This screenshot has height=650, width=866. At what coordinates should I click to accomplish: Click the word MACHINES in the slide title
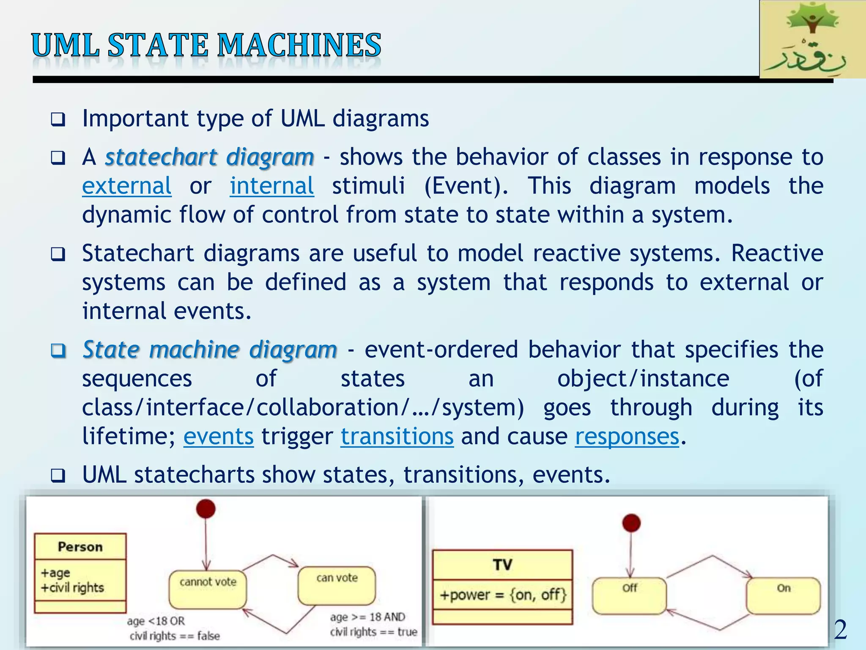(x=299, y=46)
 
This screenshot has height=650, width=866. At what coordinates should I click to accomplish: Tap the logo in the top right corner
(x=812, y=39)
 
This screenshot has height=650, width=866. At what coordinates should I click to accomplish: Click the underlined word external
(x=126, y=186)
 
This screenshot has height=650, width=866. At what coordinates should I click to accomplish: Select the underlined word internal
(x=271, y=186)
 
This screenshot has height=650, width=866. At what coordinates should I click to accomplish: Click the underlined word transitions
(x=397, y=437)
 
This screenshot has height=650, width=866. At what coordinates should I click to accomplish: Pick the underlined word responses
(x=627, y=437)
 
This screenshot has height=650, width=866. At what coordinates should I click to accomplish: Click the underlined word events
(x=218, y=437)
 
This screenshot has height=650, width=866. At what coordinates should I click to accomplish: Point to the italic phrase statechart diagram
(x=209, y=157)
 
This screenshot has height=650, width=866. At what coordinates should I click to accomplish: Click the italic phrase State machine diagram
(x=210, y=350)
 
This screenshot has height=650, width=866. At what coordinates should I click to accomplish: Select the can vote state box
(x=337, y=586)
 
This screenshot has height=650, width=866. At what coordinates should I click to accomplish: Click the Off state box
(x=629, y=596)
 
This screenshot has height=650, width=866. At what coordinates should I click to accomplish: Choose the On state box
(x=783, y=596)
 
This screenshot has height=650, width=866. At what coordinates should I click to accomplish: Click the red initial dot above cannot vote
(x=206, y=509)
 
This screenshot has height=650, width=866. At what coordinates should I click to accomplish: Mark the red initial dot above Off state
(x=631, y=523)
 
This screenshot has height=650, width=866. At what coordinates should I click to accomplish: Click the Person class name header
(x=80, y=547)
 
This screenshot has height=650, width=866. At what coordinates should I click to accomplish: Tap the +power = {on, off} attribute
(x=502, y=595)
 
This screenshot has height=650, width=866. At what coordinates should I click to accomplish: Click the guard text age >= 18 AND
(x=367, y=617)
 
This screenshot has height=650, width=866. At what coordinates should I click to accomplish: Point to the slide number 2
(x=840, y=630)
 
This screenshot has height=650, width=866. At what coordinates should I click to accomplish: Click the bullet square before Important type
(x=58, y=120)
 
